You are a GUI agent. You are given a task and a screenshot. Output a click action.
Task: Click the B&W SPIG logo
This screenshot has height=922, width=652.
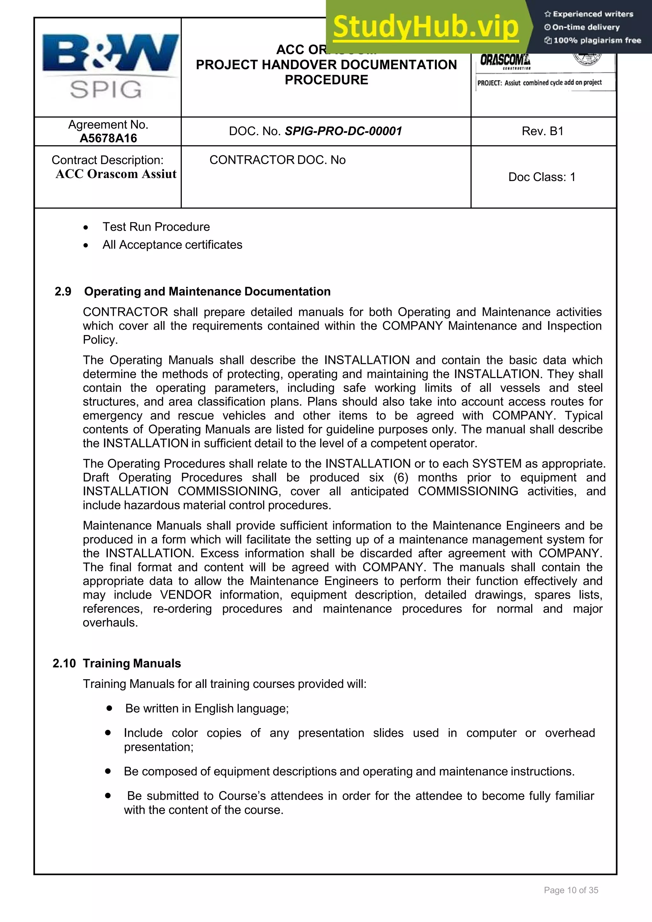click(x=110, y=67)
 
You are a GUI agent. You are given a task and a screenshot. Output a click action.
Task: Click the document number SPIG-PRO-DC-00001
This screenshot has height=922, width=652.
click(x=343, y=131)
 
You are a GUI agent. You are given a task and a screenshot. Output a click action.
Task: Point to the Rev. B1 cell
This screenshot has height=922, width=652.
click(x=542, y=131)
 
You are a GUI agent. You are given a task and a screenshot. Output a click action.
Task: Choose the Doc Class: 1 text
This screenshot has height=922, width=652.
click(x=542, y=177)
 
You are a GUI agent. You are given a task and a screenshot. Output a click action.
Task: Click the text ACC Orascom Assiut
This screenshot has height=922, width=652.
click(x=116, y=174)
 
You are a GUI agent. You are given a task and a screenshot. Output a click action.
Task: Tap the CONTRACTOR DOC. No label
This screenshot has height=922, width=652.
click(x=277, y=160)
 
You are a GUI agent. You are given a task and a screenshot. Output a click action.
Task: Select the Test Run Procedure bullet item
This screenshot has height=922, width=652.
click(x=156, y=227)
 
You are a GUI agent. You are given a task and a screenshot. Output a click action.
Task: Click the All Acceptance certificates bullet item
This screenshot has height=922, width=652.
click(x=172, y=245)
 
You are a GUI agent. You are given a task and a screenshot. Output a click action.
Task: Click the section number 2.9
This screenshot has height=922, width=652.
click(x=63, y=291)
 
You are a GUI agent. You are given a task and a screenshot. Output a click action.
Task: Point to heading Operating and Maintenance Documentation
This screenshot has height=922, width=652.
click(x=207, y=291)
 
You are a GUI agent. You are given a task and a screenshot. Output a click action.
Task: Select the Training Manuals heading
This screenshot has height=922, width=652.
click(x=132, y=663)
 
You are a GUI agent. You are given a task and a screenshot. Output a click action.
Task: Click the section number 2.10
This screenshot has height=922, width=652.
click(x=64, y=663)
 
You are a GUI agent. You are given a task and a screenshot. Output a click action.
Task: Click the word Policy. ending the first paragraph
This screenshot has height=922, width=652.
click(x=100, y=340)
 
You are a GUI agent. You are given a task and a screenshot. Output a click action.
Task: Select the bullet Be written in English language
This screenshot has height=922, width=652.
click(x=207, y=709)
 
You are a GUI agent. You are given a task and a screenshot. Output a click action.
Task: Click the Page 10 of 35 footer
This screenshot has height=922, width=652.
click(x=571, y=890)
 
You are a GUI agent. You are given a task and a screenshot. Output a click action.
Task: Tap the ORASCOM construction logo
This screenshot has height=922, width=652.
click(x=505, y=61)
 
